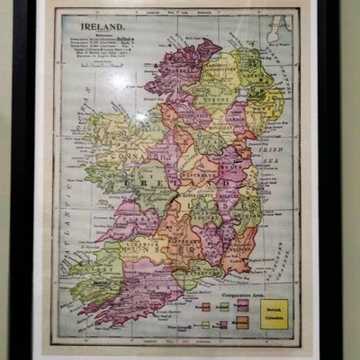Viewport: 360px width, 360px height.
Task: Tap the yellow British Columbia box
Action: (274, 314)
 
